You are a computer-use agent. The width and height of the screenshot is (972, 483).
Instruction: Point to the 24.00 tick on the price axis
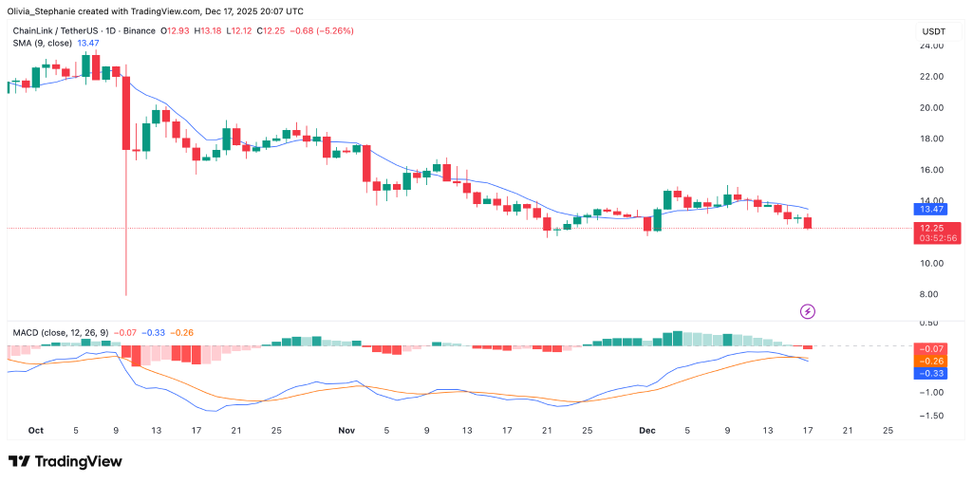click(x=930, y=46)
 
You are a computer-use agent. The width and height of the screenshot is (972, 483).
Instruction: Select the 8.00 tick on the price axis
click(x=930, y=294)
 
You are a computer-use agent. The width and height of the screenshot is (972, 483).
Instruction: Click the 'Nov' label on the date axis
click(x=346, y=430)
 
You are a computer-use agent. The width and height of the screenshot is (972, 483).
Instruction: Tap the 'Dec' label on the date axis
click(x=647, y=430)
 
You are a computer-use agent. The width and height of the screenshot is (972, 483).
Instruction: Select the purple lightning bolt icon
click(x=807, y=310)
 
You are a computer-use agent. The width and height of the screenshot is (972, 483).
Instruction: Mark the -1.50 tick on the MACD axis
click(x=930, y=416)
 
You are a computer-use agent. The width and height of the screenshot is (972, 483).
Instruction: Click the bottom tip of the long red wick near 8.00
click(x=126, y=295)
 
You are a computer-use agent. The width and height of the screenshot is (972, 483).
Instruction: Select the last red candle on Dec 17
click(x=808, y=223)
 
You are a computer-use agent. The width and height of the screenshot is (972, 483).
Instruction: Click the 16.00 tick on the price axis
click(x=930, y=170)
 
